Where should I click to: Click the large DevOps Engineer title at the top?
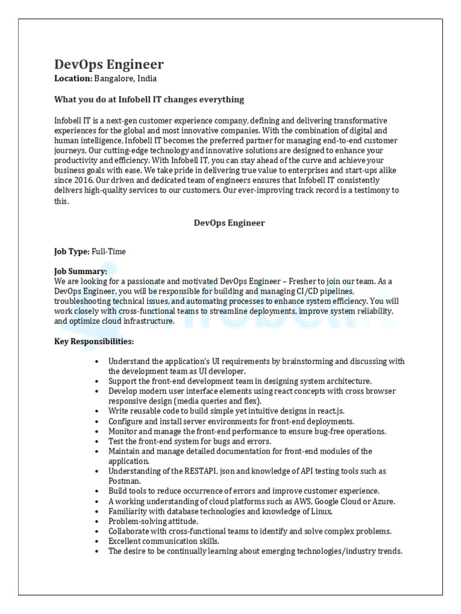pos(109,65)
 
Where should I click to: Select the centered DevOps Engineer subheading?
pos(229,222)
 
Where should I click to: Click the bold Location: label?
pos(73,79)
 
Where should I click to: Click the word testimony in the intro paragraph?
pos(369,191)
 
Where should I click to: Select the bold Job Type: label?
pos(71,252)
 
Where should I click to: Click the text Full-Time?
pos(109,252)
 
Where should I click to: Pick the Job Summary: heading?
pos(80,272)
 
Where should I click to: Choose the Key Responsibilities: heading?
pos(94,341)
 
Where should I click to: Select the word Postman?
pos(124,481)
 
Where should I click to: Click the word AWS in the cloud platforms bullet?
pos(296,501)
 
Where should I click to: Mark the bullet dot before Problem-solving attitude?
pos(97,522)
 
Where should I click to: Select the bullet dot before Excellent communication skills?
pos(97,541)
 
